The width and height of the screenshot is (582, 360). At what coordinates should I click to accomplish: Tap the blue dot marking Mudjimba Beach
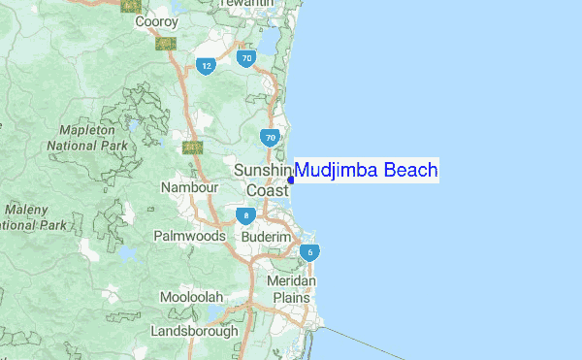[291, 180]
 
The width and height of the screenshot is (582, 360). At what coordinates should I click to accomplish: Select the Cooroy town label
[156, 21]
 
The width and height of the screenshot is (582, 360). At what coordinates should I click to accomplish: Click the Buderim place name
[267, 237]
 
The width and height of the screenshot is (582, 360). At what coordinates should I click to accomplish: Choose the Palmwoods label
[189, 236]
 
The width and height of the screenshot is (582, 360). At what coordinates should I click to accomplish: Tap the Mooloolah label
[192, 296]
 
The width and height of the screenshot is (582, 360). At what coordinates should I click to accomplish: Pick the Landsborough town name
[194, 331]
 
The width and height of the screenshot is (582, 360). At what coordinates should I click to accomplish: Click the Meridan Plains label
[290, 288]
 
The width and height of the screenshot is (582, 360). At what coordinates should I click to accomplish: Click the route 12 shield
[205, 66]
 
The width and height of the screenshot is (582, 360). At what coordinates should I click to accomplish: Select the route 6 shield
[309, 253]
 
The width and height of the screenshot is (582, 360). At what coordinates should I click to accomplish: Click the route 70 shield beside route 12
[246, 59]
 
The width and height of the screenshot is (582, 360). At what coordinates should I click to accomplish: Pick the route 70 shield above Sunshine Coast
[271, 138]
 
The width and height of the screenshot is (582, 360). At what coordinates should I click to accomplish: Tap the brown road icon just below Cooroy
[164, 43]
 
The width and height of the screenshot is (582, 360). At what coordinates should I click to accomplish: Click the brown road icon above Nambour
[192, 147]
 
